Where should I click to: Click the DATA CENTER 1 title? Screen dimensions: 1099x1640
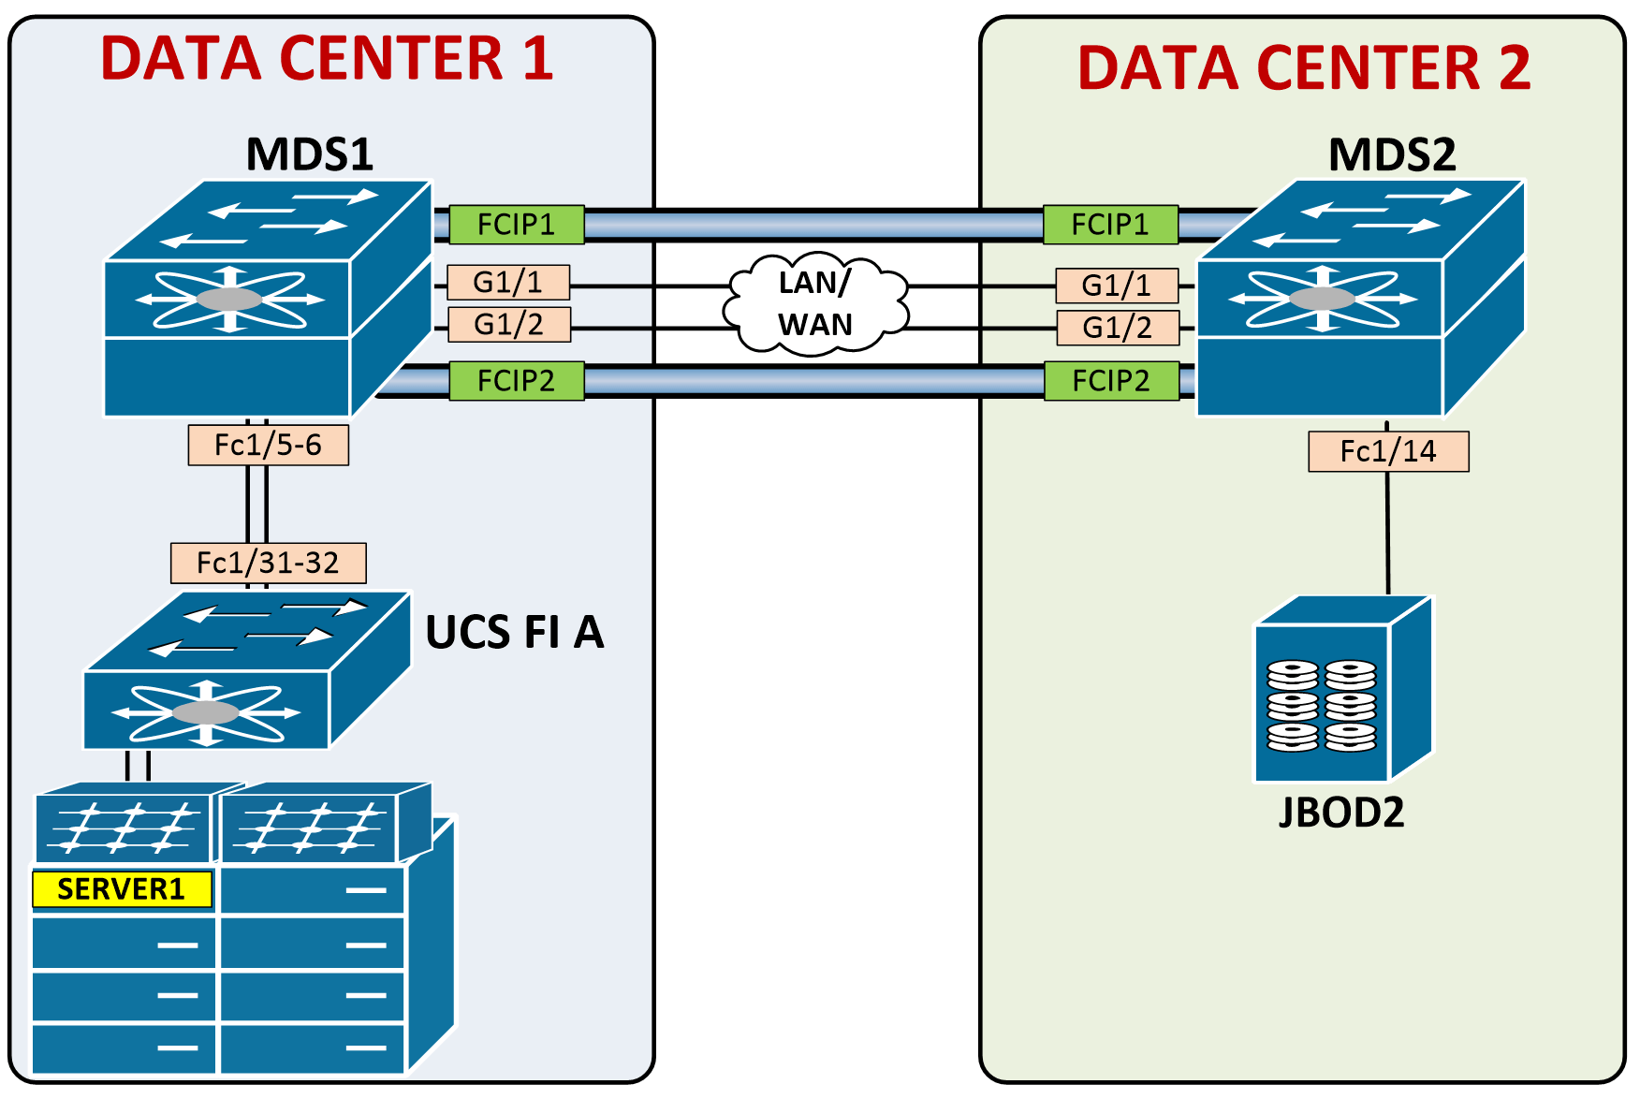point(327,58)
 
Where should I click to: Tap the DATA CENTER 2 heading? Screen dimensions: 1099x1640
point(1304,67)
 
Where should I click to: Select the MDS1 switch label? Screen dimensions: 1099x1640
point(309,154)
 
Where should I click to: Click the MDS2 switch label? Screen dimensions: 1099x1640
point(1392,154)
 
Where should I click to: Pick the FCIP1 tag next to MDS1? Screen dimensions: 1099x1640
point(517,225)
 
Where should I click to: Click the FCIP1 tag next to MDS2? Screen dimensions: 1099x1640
point(1110,225)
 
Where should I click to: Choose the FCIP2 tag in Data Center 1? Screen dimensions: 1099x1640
point(517,381)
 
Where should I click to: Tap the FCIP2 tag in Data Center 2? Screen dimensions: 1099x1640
point(1111,381)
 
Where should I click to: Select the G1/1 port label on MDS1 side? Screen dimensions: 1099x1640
point(508,282)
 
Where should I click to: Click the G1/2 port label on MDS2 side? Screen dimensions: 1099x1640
point(1118,328)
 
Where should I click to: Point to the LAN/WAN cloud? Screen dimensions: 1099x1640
point(815,304)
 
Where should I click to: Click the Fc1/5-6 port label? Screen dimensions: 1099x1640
point(269,446)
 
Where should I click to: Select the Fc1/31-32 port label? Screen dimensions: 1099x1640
point(269,563)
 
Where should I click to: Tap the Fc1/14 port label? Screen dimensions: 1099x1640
point(1388,452)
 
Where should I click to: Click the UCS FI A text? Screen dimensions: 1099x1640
point(515,633)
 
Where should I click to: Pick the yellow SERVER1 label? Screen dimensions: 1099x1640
point(122,889)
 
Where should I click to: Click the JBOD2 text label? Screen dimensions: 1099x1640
point(1341,813)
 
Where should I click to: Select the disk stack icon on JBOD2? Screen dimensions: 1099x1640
point(1322,706)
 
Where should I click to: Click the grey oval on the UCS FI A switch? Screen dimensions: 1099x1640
point(206,713)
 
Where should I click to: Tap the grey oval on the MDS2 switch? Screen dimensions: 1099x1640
point(1322,299)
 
